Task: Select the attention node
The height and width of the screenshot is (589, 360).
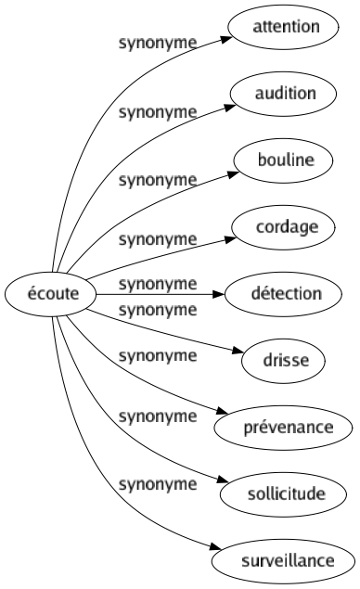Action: pos(285,27)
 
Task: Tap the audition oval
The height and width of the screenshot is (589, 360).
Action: pos(285,94)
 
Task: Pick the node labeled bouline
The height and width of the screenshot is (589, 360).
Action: pos(285,160)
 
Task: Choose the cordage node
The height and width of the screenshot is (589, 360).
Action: pos(285,227)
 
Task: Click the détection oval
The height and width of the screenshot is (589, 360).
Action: pos(285,294)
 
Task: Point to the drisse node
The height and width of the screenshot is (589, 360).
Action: pos(285,361)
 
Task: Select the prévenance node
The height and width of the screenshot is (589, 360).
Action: pos(285,428)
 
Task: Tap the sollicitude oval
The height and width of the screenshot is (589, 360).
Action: pos(285,494)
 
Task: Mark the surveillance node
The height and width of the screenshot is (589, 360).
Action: pos(285,561)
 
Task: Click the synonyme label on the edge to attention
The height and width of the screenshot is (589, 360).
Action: pos(157,44)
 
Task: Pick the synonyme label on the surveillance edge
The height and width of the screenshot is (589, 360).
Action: pos(157,483)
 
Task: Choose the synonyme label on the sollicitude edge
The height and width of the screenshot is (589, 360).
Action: pos(157,416)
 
